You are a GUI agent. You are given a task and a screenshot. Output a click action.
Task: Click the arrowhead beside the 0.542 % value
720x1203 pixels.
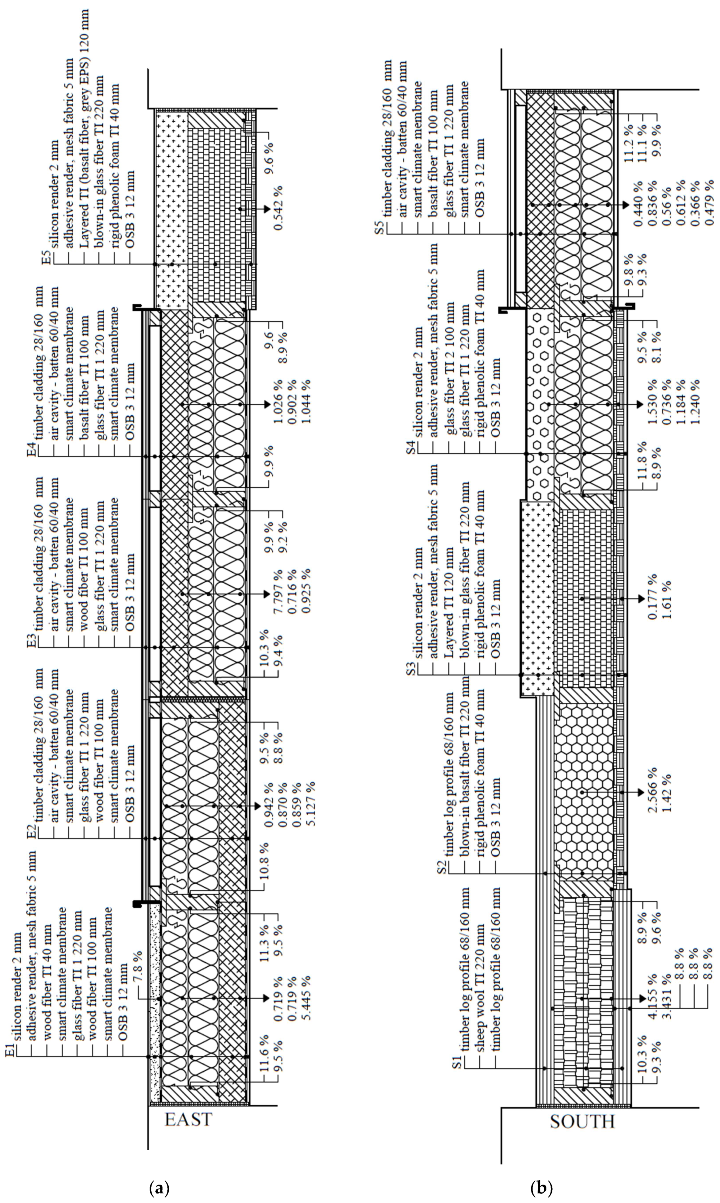[265, 209]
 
